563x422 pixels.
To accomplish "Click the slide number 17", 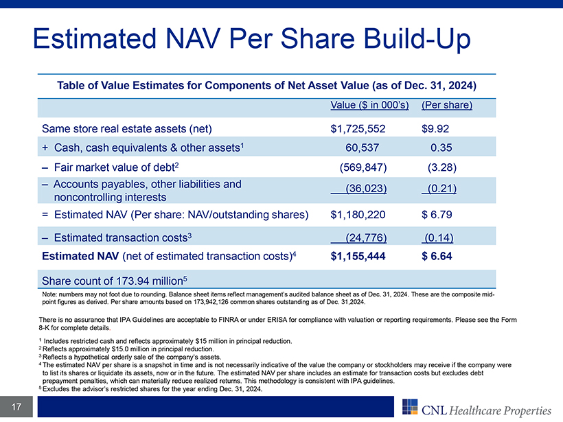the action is coord(16,407).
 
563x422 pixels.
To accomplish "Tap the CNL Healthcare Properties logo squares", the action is coord(410,407).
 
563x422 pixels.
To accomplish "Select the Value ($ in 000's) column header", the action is coord(369,105).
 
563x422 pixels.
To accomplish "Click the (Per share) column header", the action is coord(447,105).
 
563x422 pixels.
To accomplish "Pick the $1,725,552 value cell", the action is coord(358,129).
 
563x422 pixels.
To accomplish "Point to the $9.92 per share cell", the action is coord(435,129).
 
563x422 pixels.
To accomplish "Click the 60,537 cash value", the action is coord(362,148).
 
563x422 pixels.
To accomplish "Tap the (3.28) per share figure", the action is coord(442,167).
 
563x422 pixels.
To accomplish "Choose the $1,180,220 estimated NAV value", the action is coord(358,215).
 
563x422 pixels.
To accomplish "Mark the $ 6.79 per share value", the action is coord(437,215).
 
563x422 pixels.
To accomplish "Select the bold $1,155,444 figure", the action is coord(358,256).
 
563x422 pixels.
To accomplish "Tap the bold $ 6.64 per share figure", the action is coord(437,256).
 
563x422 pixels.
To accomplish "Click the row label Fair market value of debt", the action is coord(114,167).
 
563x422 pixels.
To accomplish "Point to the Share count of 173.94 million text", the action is coord(115,281).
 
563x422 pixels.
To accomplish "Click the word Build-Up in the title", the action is coord(416,40).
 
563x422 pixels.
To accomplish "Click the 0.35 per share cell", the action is coord(441,148).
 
